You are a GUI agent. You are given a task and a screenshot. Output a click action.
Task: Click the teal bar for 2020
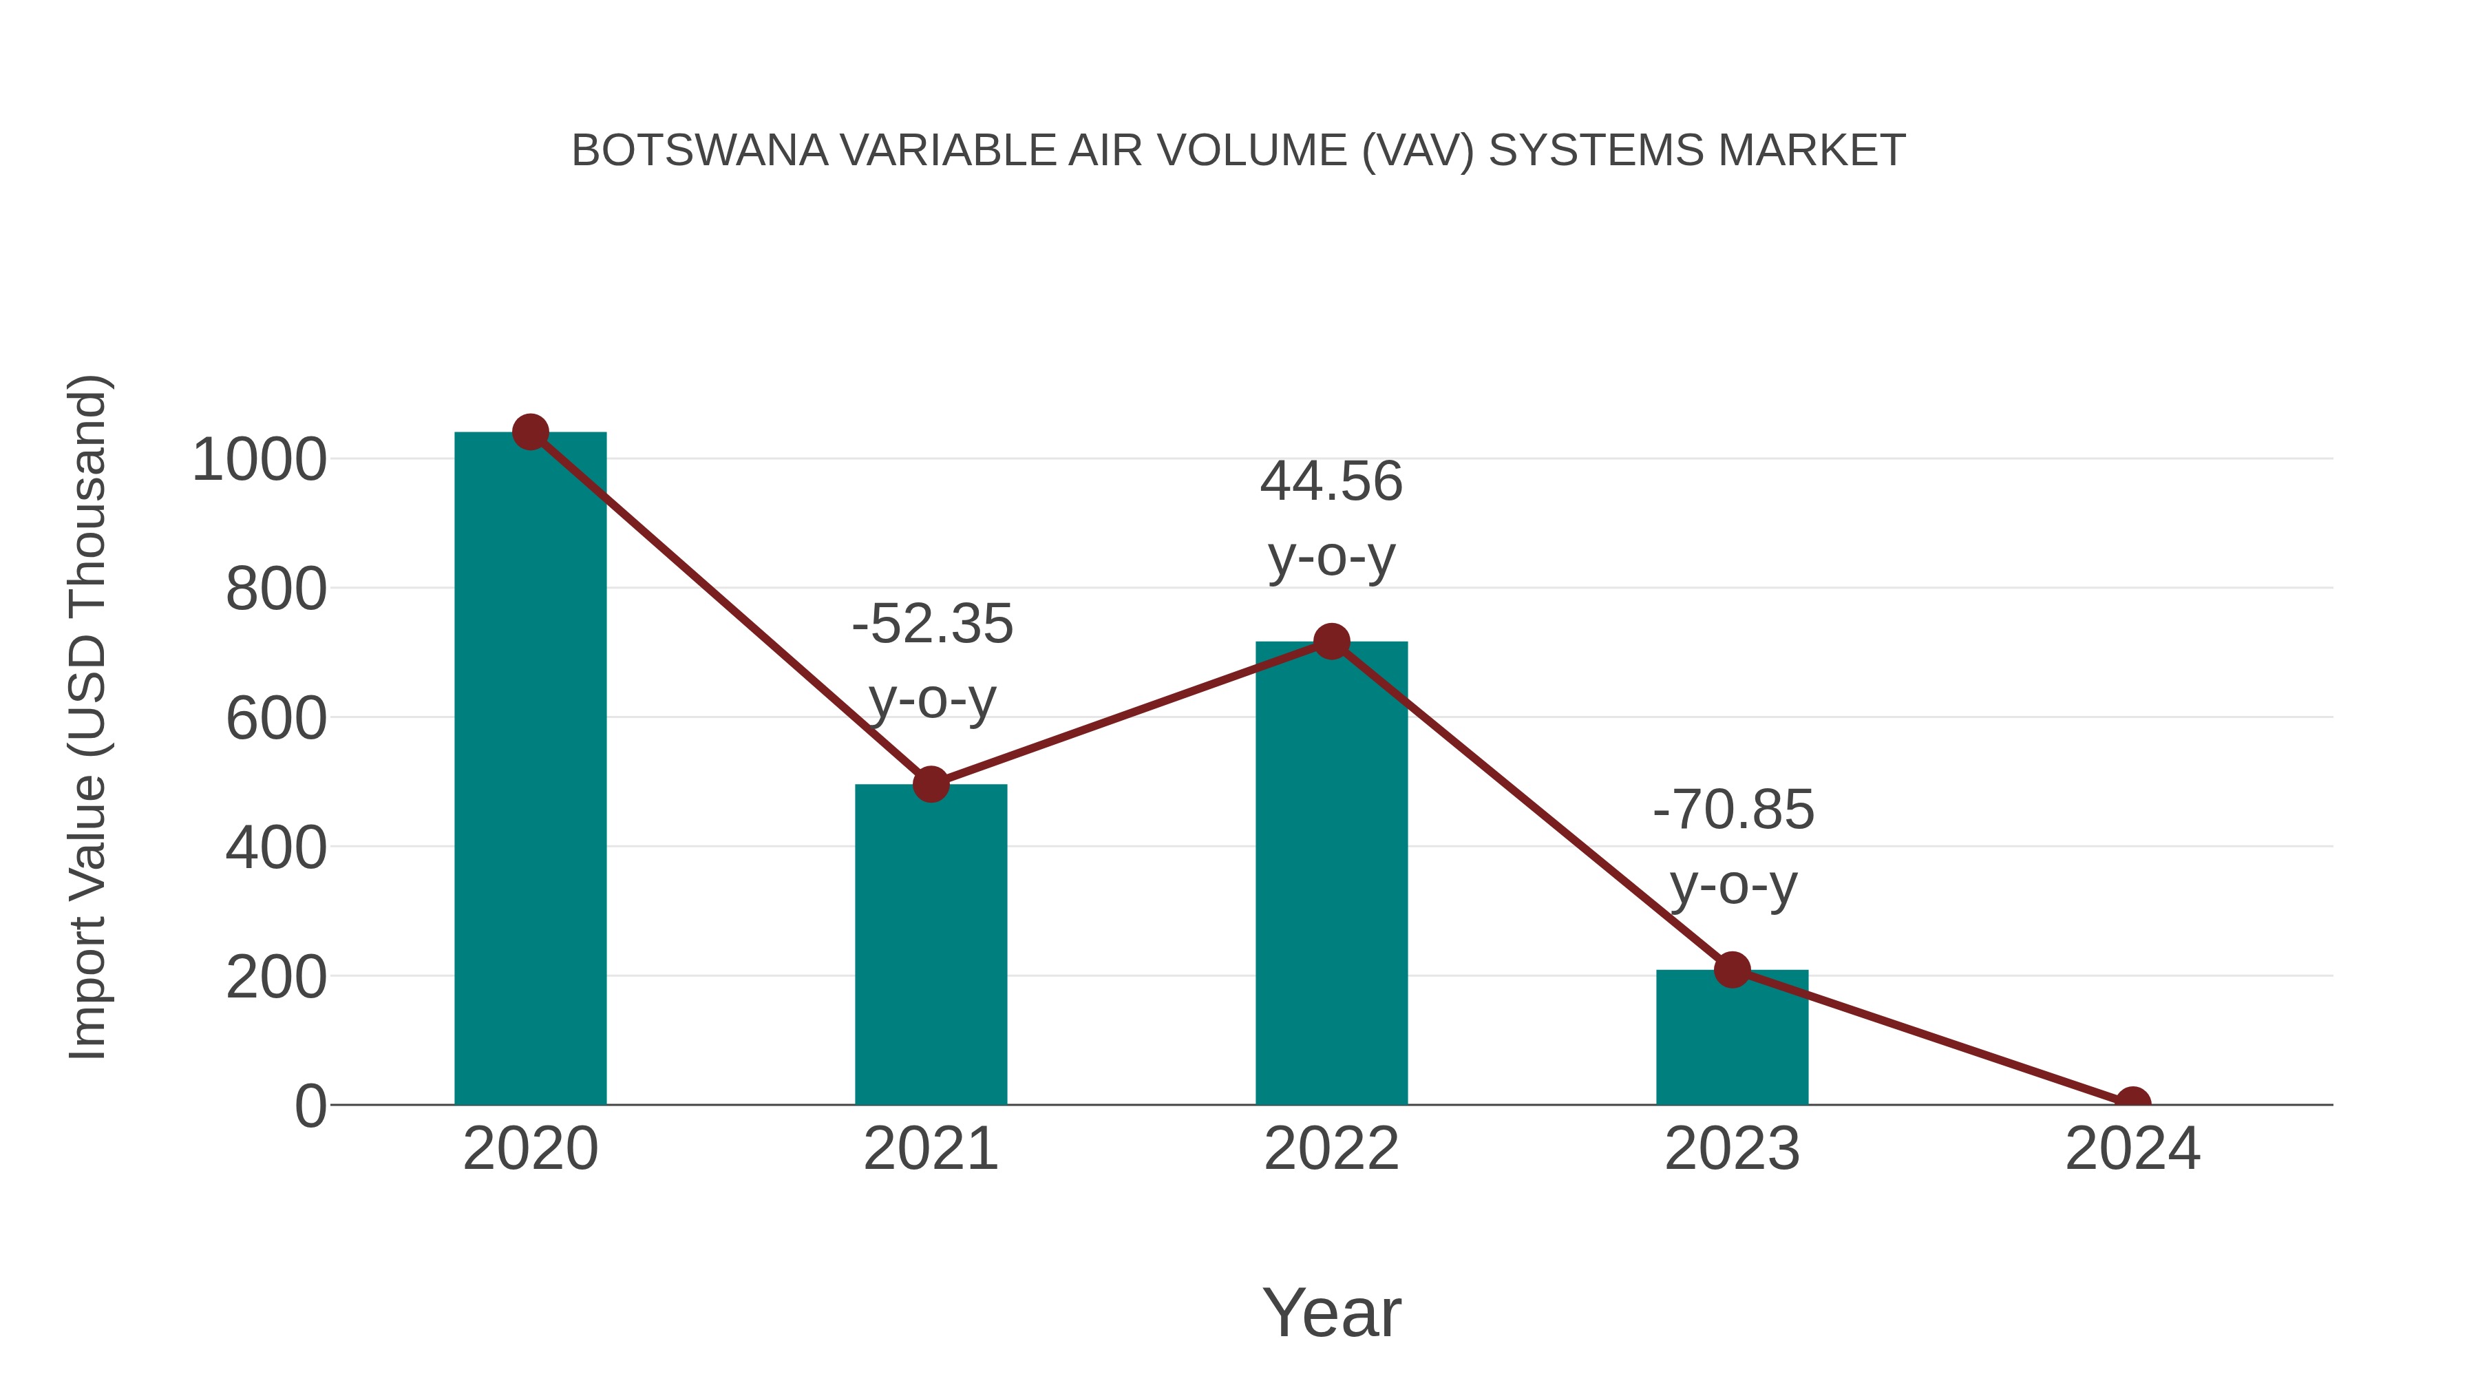530,770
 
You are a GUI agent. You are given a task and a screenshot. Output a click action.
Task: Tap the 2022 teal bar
1331,876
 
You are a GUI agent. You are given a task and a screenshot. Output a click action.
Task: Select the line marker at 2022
1331,641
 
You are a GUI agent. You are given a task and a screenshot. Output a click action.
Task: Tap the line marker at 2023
1732,970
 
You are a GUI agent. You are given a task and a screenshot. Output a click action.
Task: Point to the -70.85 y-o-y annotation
1733,847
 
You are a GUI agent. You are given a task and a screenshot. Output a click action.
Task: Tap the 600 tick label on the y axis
276,719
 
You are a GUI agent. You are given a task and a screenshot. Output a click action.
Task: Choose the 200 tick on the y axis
276,978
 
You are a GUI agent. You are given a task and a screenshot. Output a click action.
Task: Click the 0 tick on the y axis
310,1106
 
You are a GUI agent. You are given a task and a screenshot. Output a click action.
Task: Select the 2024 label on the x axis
2132,1149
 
